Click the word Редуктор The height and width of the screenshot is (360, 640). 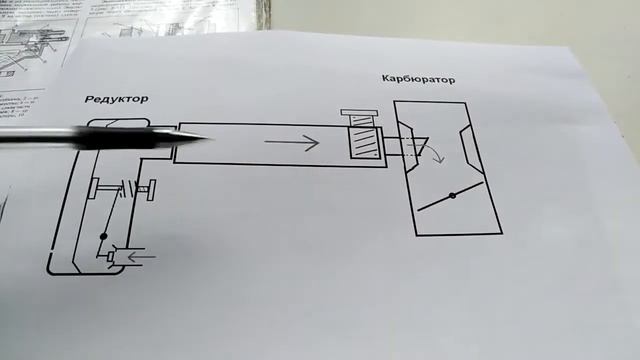click(117, 99)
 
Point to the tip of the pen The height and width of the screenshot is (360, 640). click(209, 139)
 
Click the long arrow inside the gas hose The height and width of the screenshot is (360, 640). click(291, 144)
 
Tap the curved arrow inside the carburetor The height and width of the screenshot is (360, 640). click(433, 151)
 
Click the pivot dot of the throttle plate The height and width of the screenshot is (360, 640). click(452, 195)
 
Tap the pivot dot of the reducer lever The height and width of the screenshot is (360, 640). click(103, 237)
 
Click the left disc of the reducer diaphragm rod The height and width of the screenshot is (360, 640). click(91, 187)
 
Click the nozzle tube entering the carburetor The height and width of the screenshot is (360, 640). click(390, 151)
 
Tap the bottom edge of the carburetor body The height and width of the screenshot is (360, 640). click(457, 235)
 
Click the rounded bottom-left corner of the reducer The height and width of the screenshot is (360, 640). click(52, 267)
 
